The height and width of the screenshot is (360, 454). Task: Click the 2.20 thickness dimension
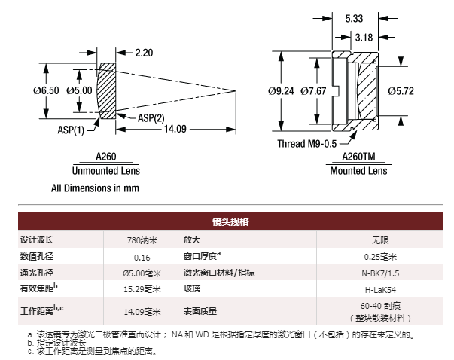click(x=144, y=53)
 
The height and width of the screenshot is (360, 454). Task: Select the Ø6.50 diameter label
click(x=46, y=90)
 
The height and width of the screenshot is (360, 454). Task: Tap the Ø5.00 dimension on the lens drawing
click(x=79, y=90)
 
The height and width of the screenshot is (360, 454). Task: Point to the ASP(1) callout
click(x=71, y=130)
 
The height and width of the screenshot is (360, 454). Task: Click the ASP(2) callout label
click(x=151, y=118)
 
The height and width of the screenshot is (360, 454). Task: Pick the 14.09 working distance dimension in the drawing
click(x=175, y=129)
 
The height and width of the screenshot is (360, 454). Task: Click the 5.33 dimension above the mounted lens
click(x=354, y=19)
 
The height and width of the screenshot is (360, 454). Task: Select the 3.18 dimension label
click(x=364, y=38)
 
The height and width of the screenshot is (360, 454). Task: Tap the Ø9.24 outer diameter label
click(x=281, y=91)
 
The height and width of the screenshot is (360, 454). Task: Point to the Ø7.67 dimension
click(x=313, y=91)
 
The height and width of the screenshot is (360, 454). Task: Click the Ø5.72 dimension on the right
click(x=401, y=91)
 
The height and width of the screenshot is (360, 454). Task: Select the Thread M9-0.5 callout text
click(x=307, y=144)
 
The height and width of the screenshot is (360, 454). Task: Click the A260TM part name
click(x=358, y=157)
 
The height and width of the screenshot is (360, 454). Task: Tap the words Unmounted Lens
click(x=106, y=171)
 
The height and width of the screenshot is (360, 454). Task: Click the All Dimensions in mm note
click(x=96, y=188)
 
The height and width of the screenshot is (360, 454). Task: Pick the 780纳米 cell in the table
click(x=142, y=240)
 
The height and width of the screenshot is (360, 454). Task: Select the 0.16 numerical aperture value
click(x=142, y=257)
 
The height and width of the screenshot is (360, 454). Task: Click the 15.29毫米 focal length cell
click(x=142, y=289)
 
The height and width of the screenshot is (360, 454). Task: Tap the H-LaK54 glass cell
click(x=380, y=290)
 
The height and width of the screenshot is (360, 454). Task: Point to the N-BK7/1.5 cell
click(x=380, y=273)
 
